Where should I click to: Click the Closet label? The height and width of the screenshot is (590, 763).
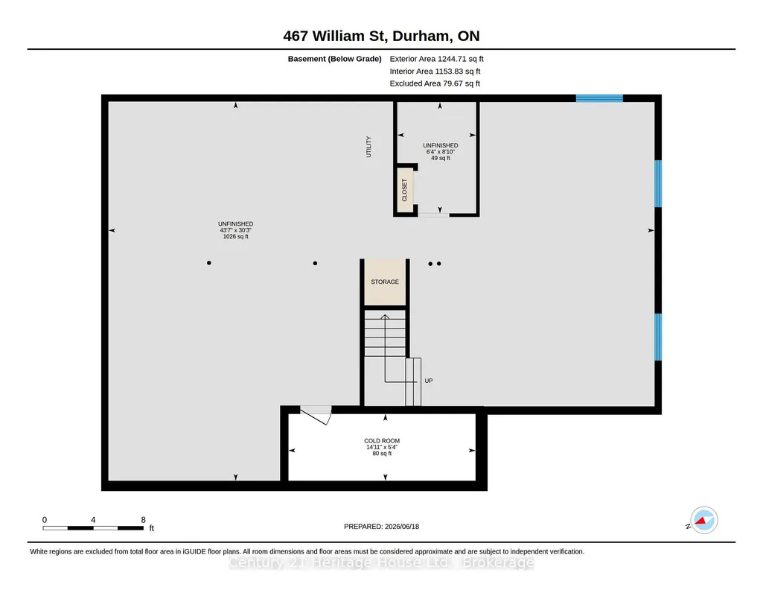click(x=404, y=190)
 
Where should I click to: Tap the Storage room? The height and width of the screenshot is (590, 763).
click(x=385, y=282)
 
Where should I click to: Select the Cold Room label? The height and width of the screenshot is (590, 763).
click(x=382, y=441)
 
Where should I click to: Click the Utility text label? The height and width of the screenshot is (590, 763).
click(x=368, y=147)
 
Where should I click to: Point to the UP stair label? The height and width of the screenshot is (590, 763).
click(x=428, y=381)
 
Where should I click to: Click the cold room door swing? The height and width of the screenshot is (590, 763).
click(x=316, y=415)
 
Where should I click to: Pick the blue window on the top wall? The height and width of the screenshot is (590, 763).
click(x=599, y=98)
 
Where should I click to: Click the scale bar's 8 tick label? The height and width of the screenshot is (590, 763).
click(x=144, y=520)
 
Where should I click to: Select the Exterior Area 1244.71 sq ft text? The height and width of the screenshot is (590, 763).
click(x=436, y=59)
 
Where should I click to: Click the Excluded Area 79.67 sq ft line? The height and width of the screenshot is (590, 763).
click(x=435, y=83)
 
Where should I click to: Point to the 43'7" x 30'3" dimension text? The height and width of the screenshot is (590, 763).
click(x=235, y=230)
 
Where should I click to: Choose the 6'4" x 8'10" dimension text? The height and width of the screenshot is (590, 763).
click(x=441, y=152)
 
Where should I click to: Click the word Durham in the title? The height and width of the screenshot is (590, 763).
click(x=421, y=36)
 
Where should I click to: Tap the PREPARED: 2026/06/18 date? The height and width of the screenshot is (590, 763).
click(x=381, y=526)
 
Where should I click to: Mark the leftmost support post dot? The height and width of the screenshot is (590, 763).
click(x=208, y=263)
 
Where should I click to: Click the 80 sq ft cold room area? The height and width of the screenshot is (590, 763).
click(x=382, y=454)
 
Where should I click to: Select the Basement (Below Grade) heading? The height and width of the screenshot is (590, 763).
click(x=334, y=59)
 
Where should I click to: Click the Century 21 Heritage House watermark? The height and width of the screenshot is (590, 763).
click(x=381, y=562)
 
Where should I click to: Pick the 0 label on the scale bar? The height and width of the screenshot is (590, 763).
click(x=44, y=520)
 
